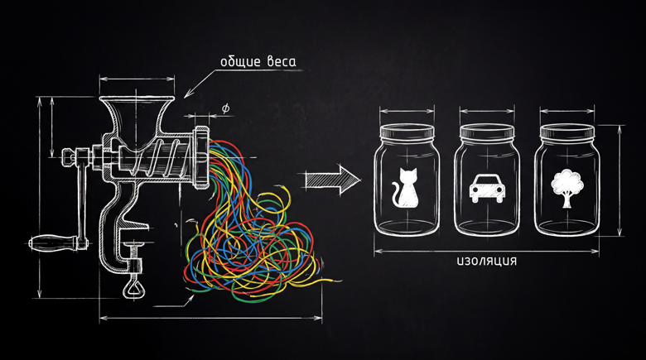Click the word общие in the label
click(x=241, y=62)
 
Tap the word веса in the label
click(x=282, y=62)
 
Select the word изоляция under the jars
click(x=486, y=262)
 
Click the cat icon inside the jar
click(x=404, y=187)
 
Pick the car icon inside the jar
click(x=487, y=188)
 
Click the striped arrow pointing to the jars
click(x=332, y=180)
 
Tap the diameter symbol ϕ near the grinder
click(x=225, y=108)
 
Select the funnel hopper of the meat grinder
click(x=137, y=118)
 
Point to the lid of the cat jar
click(x=407, y=132)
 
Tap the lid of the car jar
click(x=487, y=132)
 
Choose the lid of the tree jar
click(x=567, y=132)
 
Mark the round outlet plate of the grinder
click(x=201, y=157)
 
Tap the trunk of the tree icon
click(x=567, y=200)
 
